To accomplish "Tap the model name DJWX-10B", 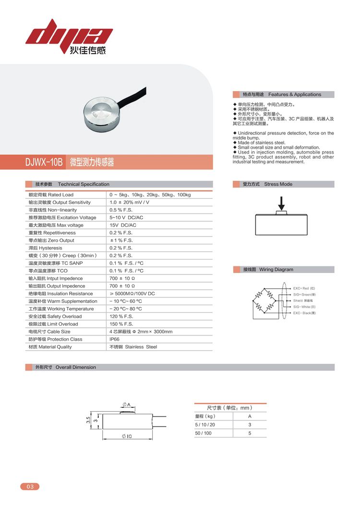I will (x=44, y=162).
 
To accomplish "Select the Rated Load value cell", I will (x=150, y=195).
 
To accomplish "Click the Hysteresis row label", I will (x=45, y=248).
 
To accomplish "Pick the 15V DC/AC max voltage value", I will (x=123, y=225).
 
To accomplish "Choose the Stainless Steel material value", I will (x=133, y=347).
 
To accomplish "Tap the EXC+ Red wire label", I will (x=304, y=288).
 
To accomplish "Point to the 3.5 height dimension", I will (x=88, y=420).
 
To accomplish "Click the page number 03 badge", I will (x=30, y=487).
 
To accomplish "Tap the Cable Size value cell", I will (x=141, y=332).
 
